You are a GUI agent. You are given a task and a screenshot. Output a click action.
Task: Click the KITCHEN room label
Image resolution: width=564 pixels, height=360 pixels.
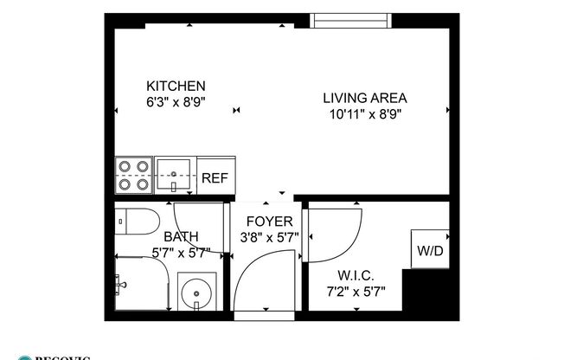coord(176,86)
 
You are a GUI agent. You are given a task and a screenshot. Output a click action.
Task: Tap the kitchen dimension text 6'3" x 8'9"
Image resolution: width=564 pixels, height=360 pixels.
coord(176,100)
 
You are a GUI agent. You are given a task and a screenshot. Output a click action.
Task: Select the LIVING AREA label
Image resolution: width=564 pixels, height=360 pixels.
coord(364,98)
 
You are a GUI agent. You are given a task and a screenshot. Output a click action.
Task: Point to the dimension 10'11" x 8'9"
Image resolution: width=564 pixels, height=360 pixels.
coord(364,112)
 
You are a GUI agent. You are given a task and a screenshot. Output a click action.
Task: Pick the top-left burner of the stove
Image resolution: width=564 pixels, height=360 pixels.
coord(124,166)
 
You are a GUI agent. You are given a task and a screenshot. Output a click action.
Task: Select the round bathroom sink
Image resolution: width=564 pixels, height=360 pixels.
coord(198,292)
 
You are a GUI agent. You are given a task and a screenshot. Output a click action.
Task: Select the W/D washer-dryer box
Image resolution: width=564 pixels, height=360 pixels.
coord(429,251)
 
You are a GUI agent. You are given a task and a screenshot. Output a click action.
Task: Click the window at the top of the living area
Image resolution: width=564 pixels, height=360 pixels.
coord(348,19)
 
